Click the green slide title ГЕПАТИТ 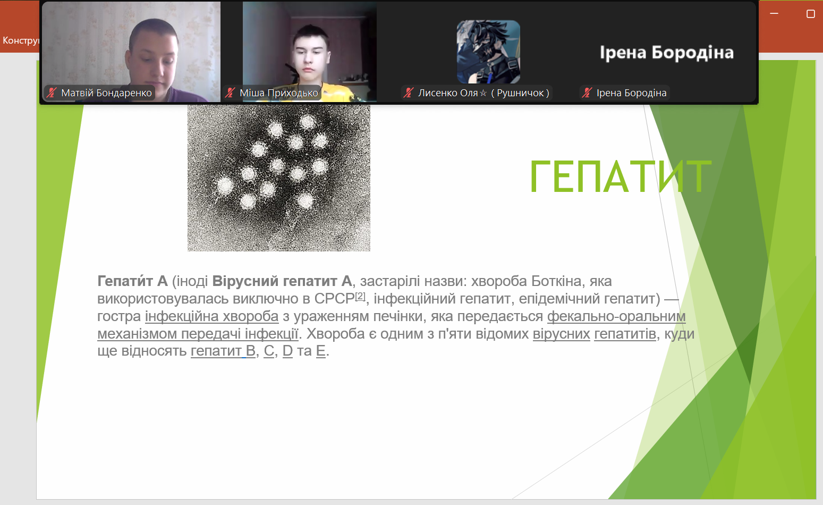click(621, 176)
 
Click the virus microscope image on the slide click(279, 178)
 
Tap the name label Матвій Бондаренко click(107, 93)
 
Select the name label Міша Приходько click(279, 93)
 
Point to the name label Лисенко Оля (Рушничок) click(483, 93)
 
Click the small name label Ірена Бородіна click(631, 93)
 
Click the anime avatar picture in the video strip click(488, 52)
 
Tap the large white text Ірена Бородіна click(666, 53)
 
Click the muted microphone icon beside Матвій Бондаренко click(52, 92)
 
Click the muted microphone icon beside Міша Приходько click(231, 92)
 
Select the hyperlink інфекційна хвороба click(211, 316)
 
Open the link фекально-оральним click(616, 316)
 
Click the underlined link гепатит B click(223, 351)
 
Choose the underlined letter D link click(287, 351)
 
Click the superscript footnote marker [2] click(360, 296)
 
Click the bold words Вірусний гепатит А click(282, 281)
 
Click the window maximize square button click(810, 14)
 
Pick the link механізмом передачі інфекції click(198, 334)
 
